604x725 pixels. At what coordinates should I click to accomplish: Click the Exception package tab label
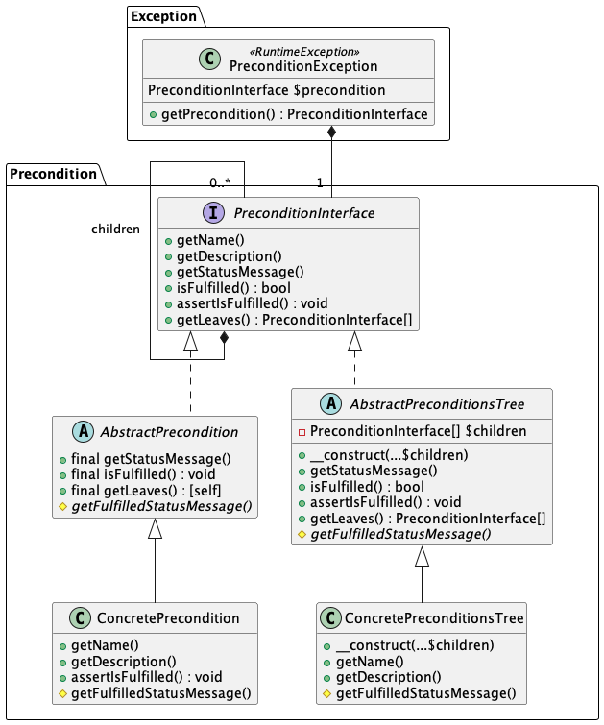pos(163,16)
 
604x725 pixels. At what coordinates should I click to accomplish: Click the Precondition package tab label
pos(54,174)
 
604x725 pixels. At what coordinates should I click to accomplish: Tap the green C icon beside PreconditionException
pos(210,59)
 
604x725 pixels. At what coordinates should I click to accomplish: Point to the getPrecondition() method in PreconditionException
pos(294,114)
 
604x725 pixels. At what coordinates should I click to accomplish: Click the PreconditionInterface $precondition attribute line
pos(267,90)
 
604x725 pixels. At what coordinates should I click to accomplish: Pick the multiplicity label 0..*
pos(219,181)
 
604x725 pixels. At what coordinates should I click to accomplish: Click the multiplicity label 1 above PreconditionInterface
pos(320,181)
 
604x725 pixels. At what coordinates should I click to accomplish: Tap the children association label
pos(115,229)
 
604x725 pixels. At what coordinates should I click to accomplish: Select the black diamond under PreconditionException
pos(331,132)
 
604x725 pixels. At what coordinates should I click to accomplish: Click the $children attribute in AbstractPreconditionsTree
pos(424,431)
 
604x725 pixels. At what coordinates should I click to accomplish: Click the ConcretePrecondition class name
pos(167,617)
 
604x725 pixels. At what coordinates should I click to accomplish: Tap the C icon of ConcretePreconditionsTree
pos(329,618)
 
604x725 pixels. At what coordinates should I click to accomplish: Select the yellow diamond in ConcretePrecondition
pos(62,693)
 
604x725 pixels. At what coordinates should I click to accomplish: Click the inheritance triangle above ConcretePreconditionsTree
pos(422,556)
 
